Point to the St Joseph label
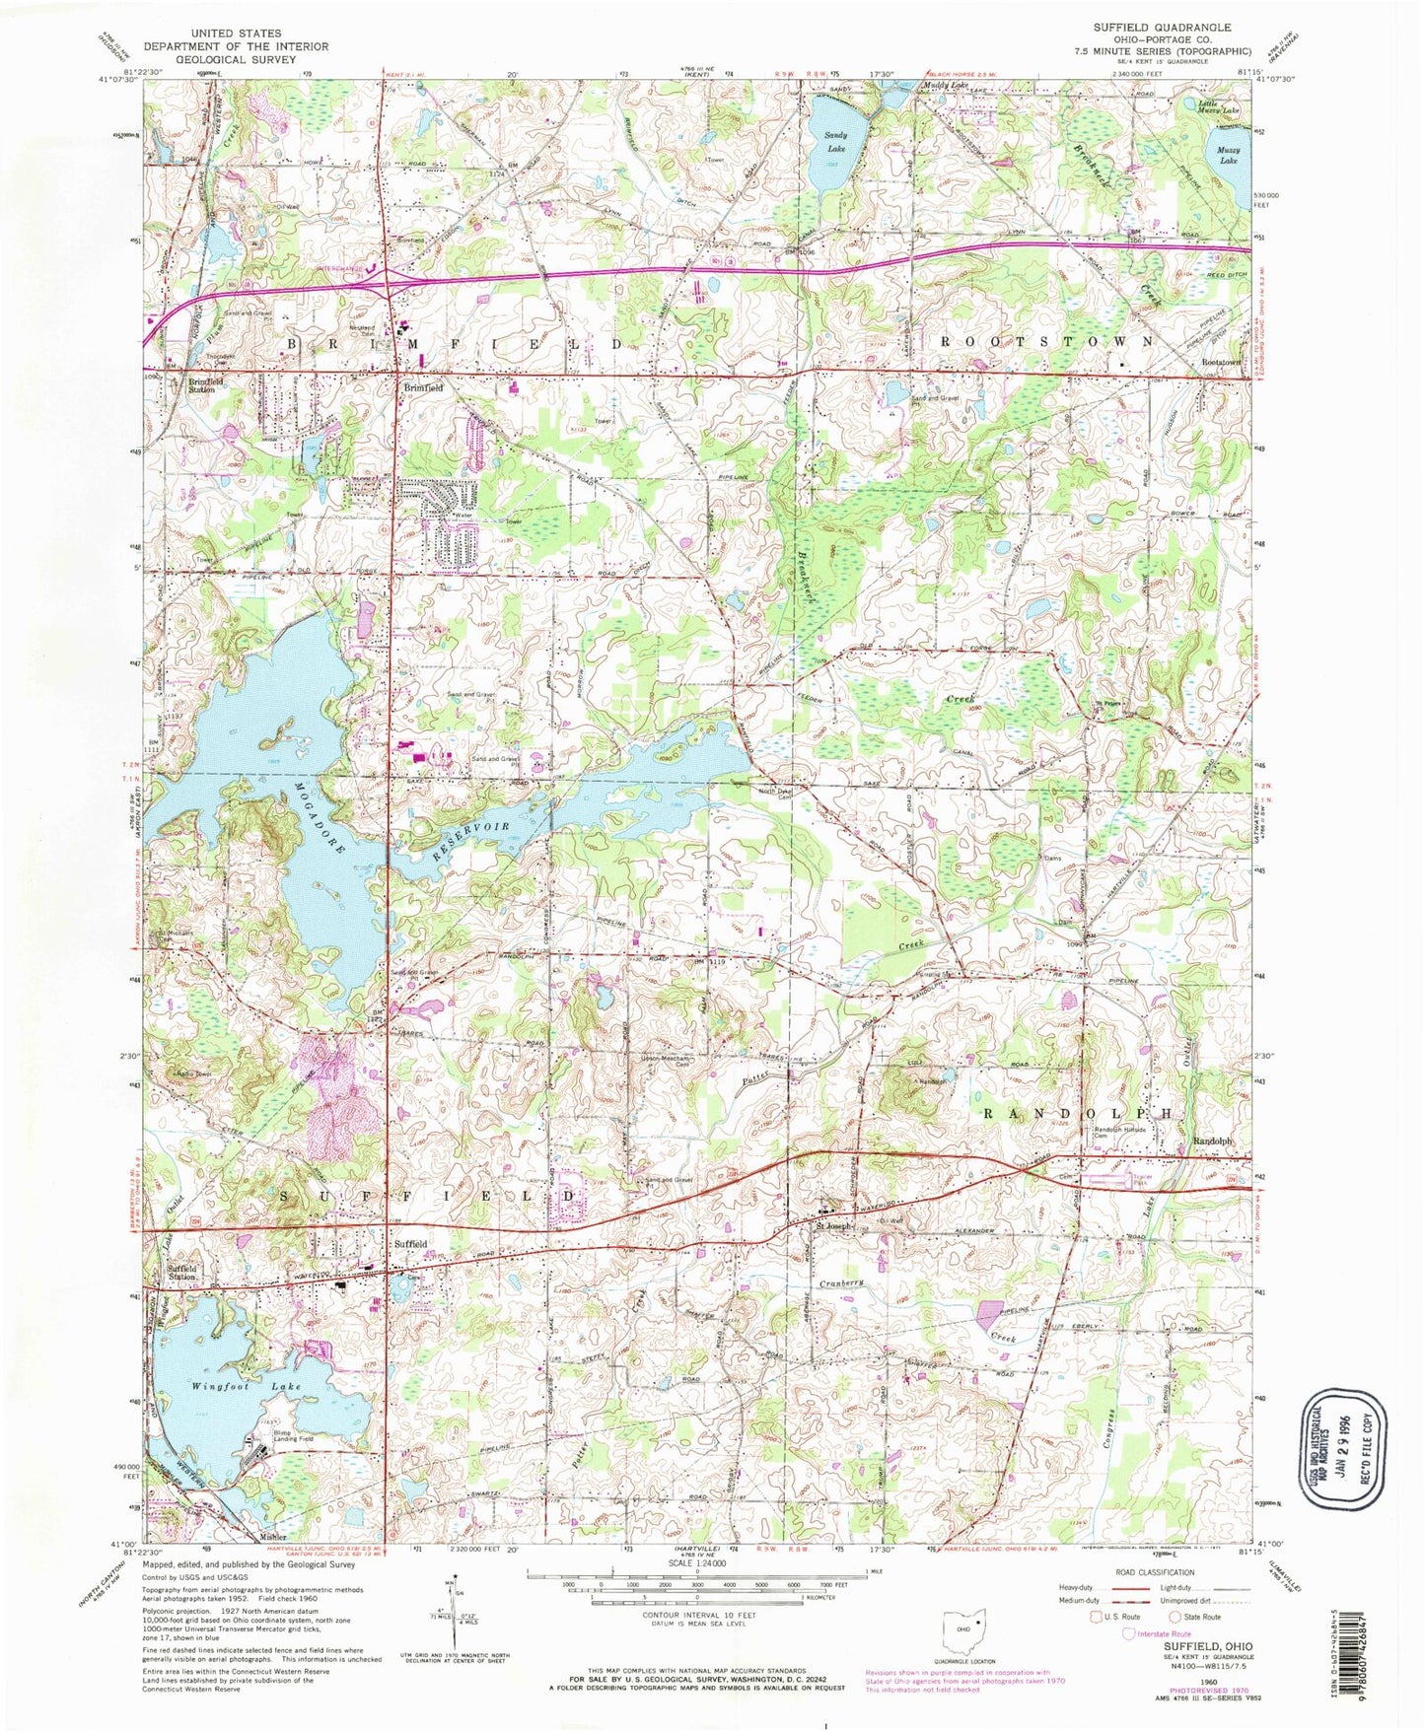coord(832,1225)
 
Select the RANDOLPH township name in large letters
coord(1080,1112)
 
